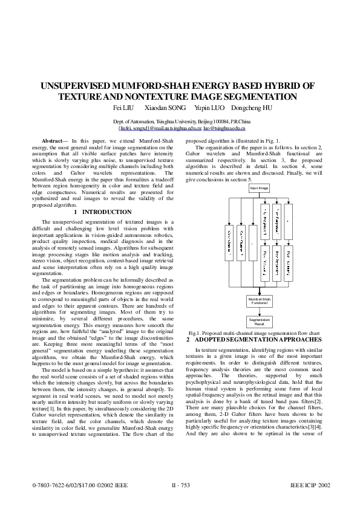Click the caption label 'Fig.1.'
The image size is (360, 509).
coord(195,333)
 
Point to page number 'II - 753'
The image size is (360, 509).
coord(180,485)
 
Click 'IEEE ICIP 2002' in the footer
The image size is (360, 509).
coord(310,485)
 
